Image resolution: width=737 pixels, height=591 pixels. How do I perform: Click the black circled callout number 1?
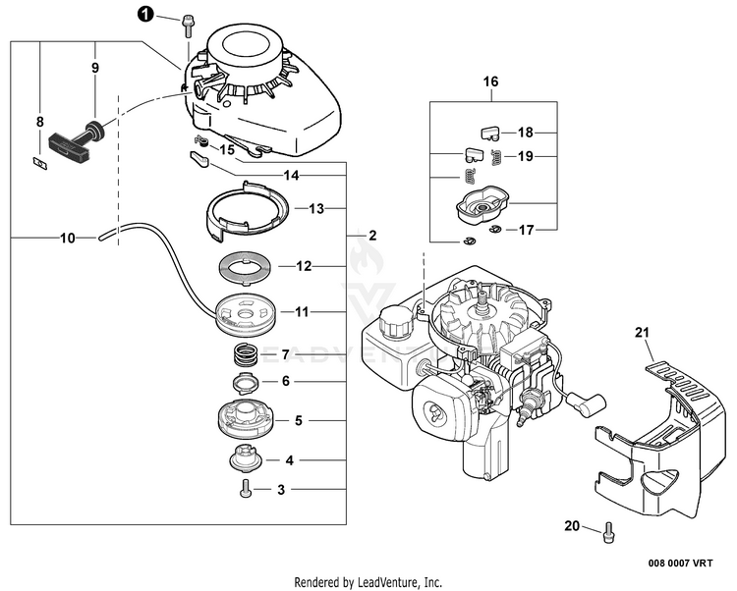point(145,15)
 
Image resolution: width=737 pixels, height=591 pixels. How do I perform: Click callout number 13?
point(316,208)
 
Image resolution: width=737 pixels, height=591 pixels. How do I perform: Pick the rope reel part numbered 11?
point(242,311)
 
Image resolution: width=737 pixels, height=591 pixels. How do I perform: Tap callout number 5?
point(286,420)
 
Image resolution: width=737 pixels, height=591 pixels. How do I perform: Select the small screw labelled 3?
point(244,487)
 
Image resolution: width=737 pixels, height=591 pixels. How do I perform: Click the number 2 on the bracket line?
point(372,236)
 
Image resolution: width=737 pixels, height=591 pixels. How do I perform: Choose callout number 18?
point(525,132)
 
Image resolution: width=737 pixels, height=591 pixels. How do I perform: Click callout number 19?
point(525,156)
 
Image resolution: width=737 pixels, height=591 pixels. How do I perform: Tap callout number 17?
point(526,231)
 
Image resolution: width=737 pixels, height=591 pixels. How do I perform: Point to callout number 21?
point(644,334)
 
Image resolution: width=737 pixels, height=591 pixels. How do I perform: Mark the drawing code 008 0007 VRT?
point(681,564)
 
